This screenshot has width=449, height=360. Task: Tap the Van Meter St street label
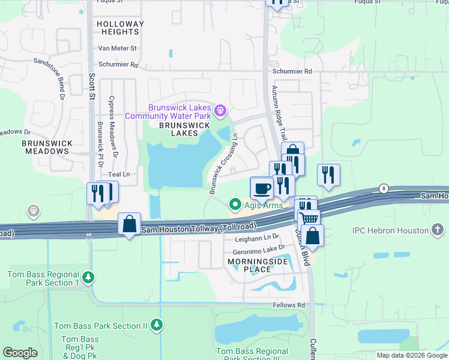tap(118, 48)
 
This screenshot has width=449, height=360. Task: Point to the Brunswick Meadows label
tap(47, 147)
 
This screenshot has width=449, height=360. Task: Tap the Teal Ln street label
tap(118, 174)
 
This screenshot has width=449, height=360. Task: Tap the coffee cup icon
tap(261, 188)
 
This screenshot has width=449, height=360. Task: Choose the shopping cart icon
tap(309, 220)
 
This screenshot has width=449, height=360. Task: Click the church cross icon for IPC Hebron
tap(439, 230)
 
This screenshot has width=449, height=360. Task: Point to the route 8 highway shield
tap(383, 188)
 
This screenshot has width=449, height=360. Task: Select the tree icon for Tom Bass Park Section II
tap(157, 325)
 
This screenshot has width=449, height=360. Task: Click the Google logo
tap(20, 353)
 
